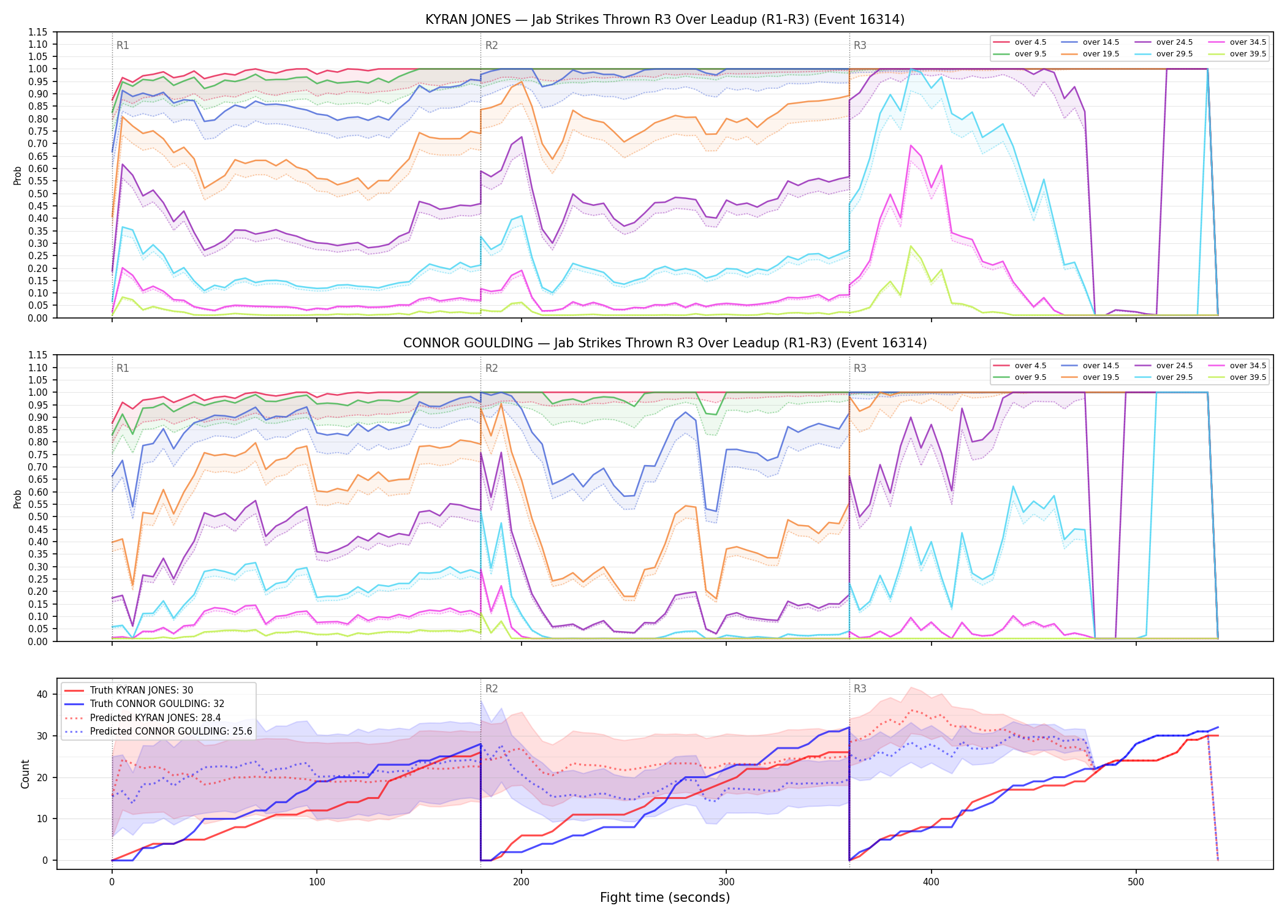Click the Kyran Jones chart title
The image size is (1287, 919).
[665, 20]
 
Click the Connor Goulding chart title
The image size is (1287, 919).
[665, 343]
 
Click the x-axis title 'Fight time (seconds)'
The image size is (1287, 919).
[665, 898]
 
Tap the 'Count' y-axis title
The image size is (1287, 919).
[25, 774]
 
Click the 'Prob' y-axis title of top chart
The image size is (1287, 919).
[18, 176]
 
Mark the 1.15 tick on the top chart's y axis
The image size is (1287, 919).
[38, 32]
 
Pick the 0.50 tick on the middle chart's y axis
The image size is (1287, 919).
[38, 516]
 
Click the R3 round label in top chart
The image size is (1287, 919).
[860, 45]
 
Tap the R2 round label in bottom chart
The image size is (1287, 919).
[492, 689]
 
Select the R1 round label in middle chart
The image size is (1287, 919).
[123, 368]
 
